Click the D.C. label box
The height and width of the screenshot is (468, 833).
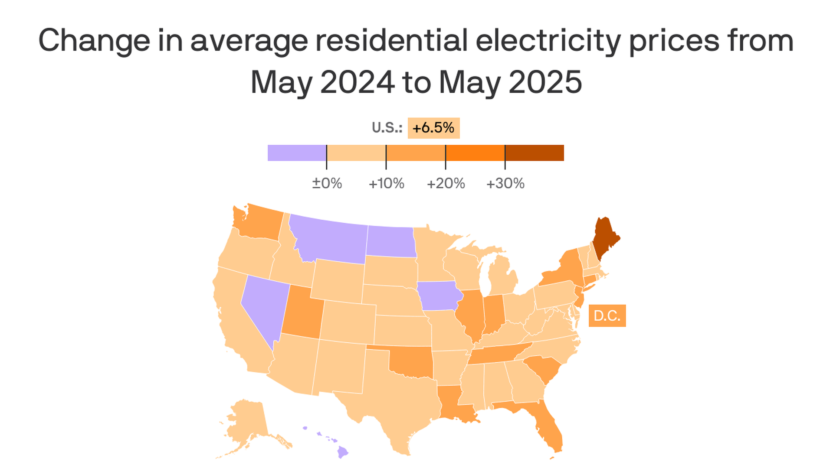point(607,315)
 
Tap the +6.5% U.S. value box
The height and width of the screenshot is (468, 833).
point(433,128)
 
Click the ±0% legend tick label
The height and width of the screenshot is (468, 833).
point(327,183)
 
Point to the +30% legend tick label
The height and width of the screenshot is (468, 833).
point(505,183)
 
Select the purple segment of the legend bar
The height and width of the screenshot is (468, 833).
point(297,153)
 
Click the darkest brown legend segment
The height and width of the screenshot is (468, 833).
point(535,153)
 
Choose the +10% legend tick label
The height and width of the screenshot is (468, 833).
point(387,183)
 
